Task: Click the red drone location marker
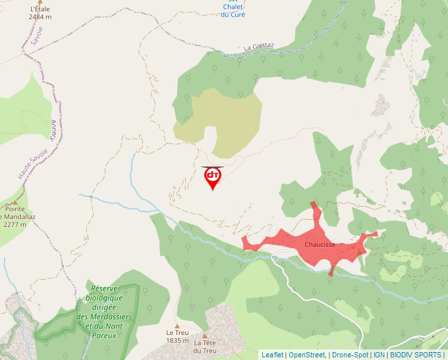coord(212,177)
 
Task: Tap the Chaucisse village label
coord(320,245)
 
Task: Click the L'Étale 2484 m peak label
coord(40,13)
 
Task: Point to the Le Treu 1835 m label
coord(177,336)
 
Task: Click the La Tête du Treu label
coord(205,346)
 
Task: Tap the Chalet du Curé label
coord(233,11)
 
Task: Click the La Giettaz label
coord(258,47)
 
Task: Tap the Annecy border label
coord(54,129)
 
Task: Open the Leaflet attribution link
coord(272,355)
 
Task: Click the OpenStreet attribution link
coord(306,355)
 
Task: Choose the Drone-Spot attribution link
coord(350,355)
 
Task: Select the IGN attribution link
coord(379,355)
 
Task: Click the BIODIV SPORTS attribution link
coord(415,355)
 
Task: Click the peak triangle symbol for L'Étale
coord(40,2)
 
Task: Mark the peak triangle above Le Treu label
coord(177,326)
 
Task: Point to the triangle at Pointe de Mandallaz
coord(15,203)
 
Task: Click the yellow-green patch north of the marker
coord(224,118)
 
